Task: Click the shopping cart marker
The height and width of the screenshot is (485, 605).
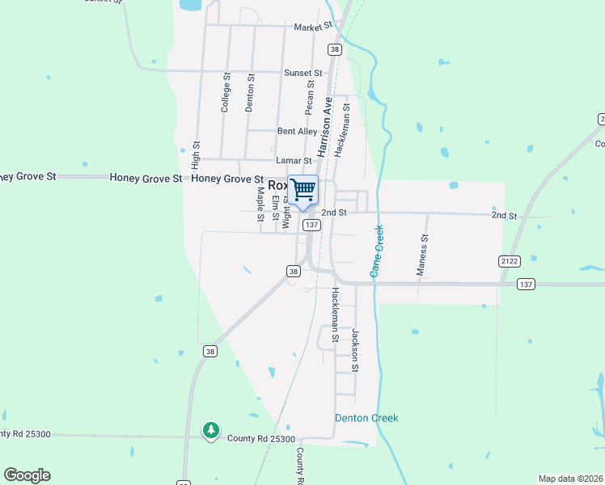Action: click(303, 191)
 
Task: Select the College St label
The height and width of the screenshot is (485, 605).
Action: click(226, 93)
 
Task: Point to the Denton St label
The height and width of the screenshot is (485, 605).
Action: click(250, 93)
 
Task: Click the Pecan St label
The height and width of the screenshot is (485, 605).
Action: click(309, 98)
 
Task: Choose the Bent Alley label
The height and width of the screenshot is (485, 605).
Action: click(297, 131)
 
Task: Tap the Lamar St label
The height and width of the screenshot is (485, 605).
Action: click(294, 162)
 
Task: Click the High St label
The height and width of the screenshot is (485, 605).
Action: click(196, 154)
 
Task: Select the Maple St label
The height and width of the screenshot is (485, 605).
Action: click(260, 204)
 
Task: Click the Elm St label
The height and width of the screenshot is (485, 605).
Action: click(275, 207)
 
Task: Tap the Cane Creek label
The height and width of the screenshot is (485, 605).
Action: click(377, 251)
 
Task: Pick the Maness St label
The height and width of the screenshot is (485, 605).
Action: click(421, 255)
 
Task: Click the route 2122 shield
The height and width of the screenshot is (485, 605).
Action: click(508, 260)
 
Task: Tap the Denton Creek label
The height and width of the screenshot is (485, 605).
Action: click(366, 418)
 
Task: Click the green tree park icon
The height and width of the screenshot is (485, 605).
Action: click(210, 430)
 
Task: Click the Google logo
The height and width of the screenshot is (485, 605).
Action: click(27, 475)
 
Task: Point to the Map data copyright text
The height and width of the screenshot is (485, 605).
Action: click(570, 479)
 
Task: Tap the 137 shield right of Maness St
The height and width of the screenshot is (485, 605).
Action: click(526, 284)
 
